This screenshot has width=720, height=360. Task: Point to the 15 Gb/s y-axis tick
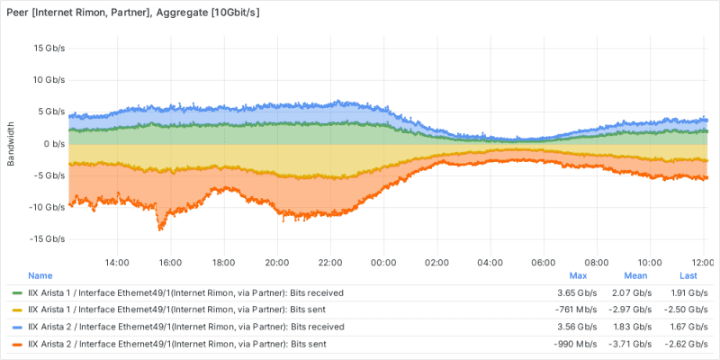(x=49, y=48)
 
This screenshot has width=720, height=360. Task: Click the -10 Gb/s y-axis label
(x=48, y=207)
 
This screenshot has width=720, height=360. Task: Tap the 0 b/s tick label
(x=54, y=143)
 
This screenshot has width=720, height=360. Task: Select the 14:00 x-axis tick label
(x=117, y=262)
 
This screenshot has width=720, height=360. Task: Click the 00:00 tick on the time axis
(x=383, y=262)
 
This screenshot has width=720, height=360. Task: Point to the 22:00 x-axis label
(x=330, y=262)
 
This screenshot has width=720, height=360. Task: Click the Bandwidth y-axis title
(x=11, y=143)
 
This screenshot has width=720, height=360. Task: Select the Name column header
(x=40, y=275)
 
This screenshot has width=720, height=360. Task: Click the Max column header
(x=579, y=275)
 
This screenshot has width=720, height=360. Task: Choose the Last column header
(x=688, y=275)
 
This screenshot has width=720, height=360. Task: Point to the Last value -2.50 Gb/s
(x=688, y=310)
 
